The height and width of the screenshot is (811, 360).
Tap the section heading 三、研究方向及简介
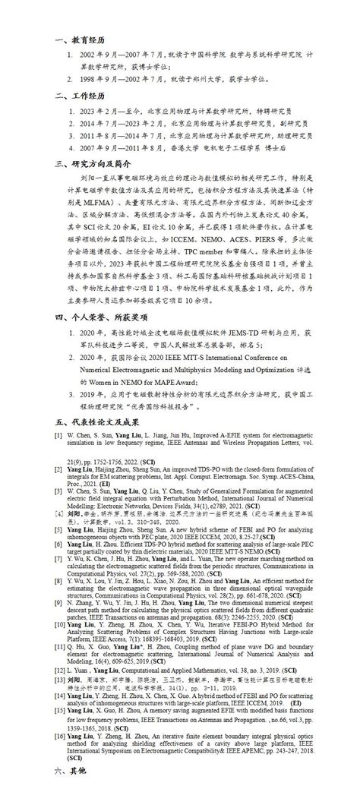click(x=88, y=163)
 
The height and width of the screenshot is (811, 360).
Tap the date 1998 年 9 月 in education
click(x=99, y=77)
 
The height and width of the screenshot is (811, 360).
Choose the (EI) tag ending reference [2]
click(x=123, y=482)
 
